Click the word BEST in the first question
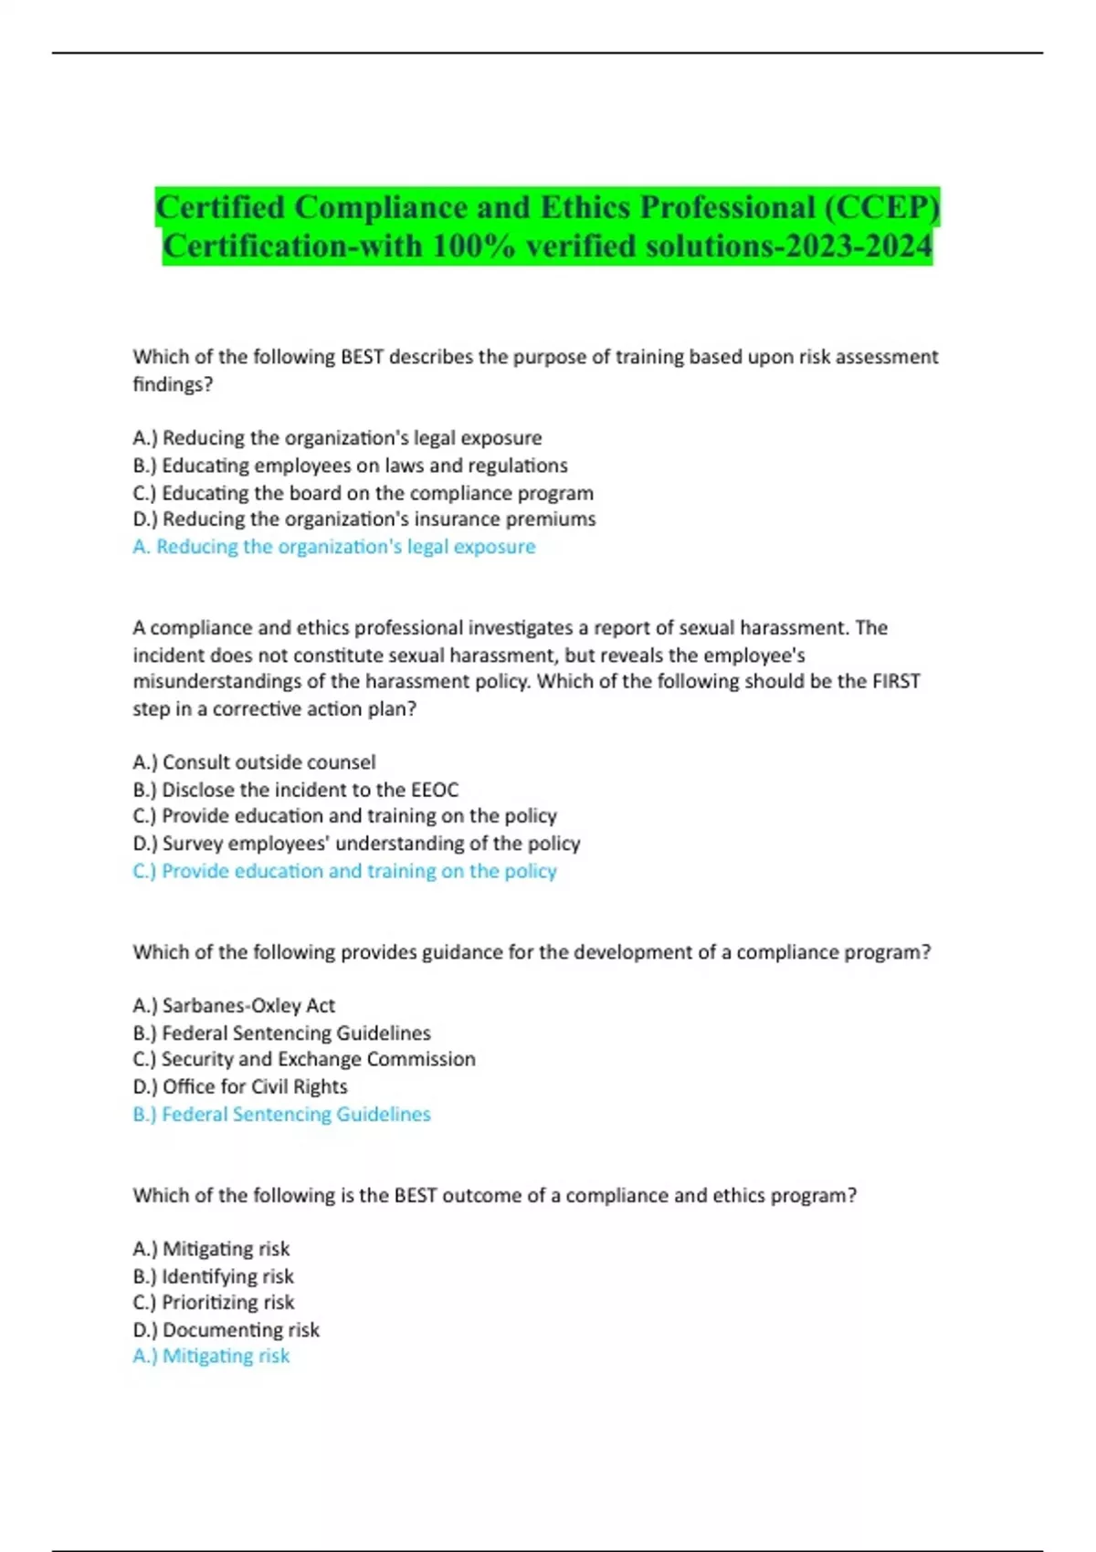[362, 357]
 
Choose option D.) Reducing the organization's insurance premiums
[364, 519]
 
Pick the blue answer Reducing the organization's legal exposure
[334, 547]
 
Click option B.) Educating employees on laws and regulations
[350, 466]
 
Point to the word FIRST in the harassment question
[895, 682]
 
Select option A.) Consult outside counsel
[254, 762]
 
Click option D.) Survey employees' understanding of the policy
[356, 844]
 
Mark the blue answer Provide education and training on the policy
[344, 871]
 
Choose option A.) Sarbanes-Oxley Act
[234, 1006]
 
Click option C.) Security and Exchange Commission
[304, 1059]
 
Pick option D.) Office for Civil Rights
[240, 1086]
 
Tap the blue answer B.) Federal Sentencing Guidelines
[281, 1115]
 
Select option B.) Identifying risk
[213, 1276]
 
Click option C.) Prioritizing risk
[214, 1303]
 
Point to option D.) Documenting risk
[226, 1330]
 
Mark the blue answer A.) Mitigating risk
[211, 1357]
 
